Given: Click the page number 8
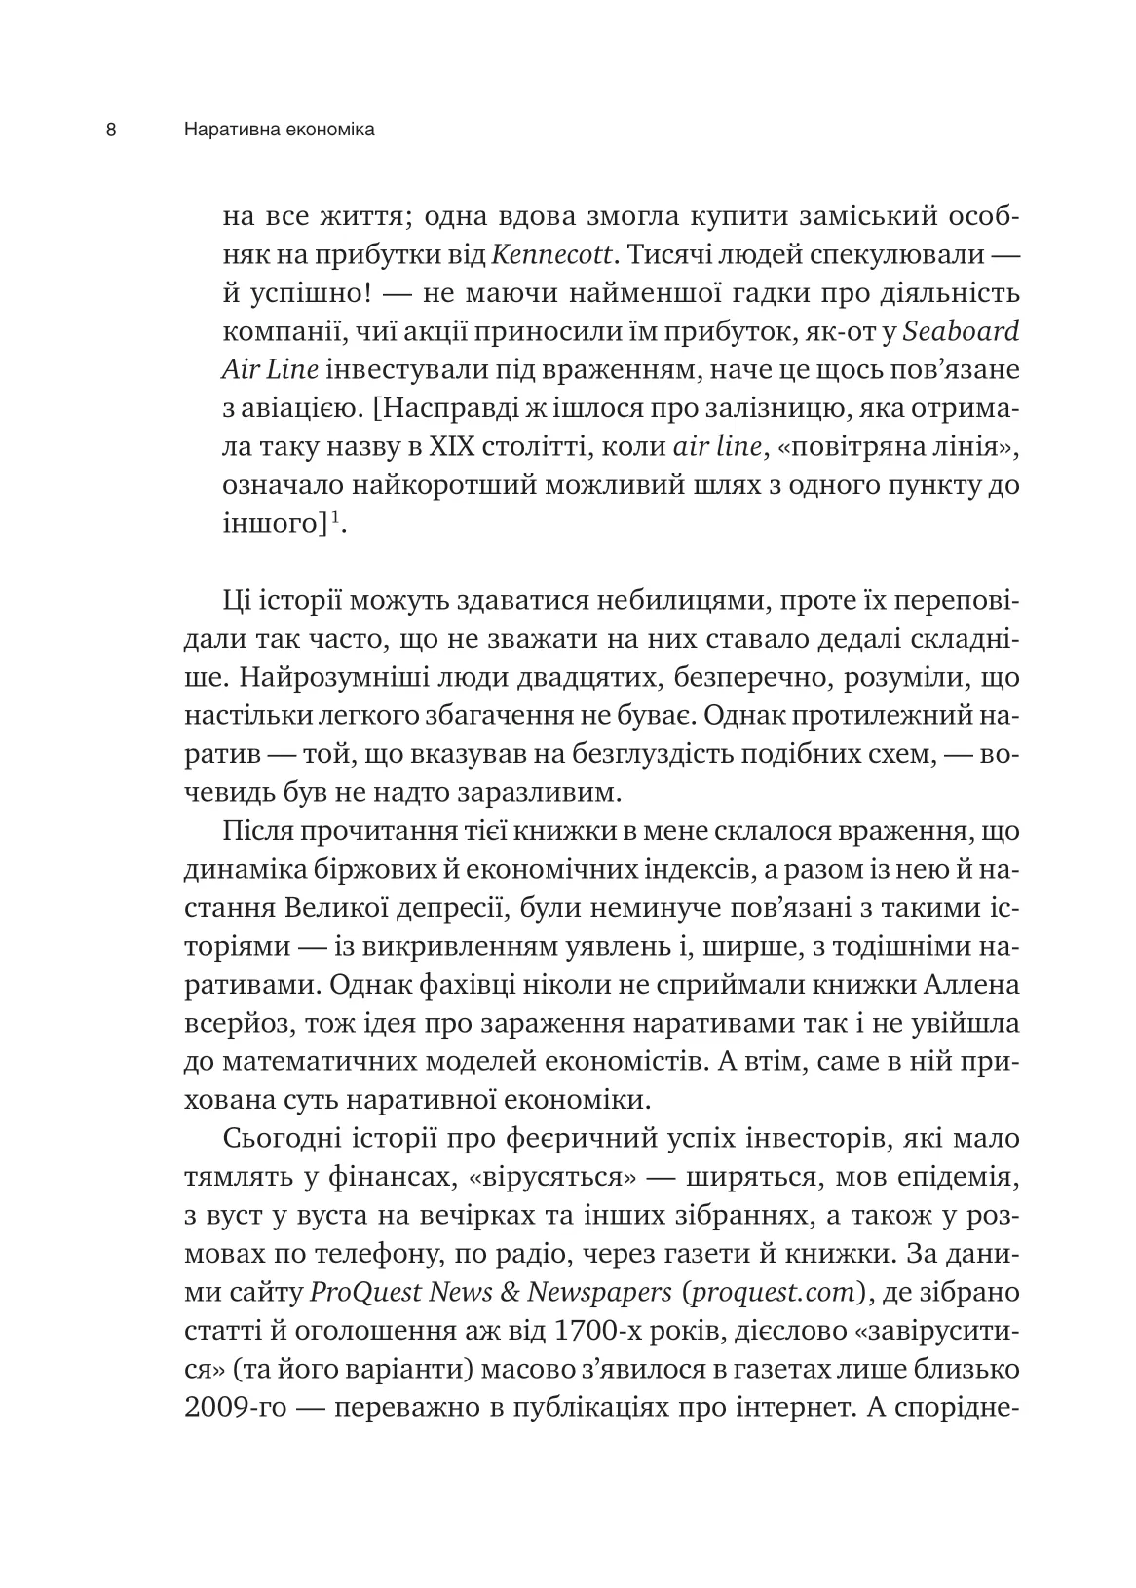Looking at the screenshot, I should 111,130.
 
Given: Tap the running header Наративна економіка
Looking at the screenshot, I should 279,130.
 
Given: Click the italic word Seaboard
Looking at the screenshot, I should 961,331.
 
